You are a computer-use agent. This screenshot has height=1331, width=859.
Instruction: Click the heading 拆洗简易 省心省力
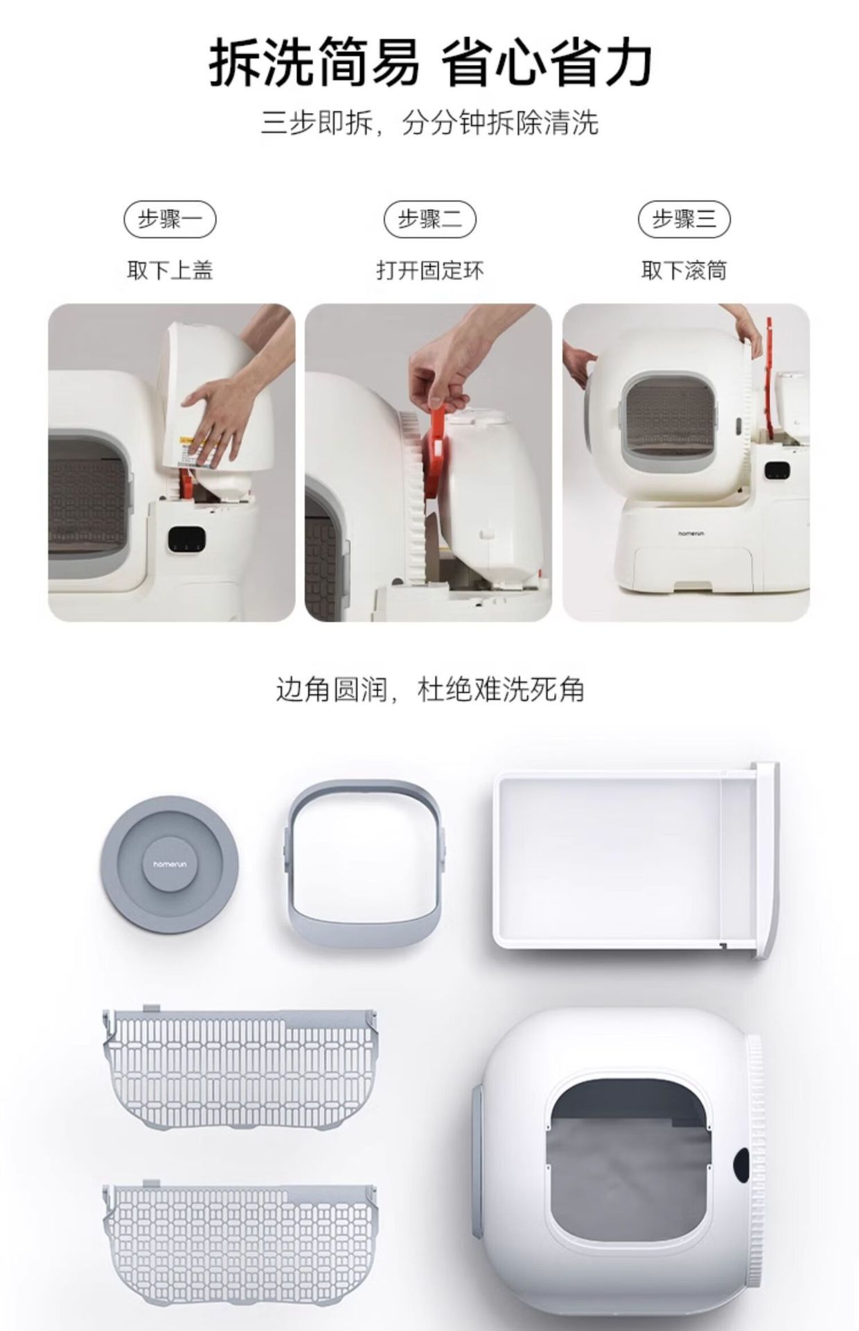pos(429,63)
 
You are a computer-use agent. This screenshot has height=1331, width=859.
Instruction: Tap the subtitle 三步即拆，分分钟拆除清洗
pos(429,123)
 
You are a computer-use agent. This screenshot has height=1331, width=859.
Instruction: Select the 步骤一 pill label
pos(170,220)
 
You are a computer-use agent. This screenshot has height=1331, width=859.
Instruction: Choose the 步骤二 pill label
pos(430,220)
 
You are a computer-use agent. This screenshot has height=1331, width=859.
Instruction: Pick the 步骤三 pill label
pos(684,220)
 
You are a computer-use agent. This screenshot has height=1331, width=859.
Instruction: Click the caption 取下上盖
pos(170,270)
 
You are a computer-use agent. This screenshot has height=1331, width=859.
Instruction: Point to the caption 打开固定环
pos(430,270)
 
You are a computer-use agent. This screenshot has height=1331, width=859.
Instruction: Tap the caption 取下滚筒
pos(684,270)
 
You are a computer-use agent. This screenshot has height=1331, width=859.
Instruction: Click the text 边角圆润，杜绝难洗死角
pos(429,690)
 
